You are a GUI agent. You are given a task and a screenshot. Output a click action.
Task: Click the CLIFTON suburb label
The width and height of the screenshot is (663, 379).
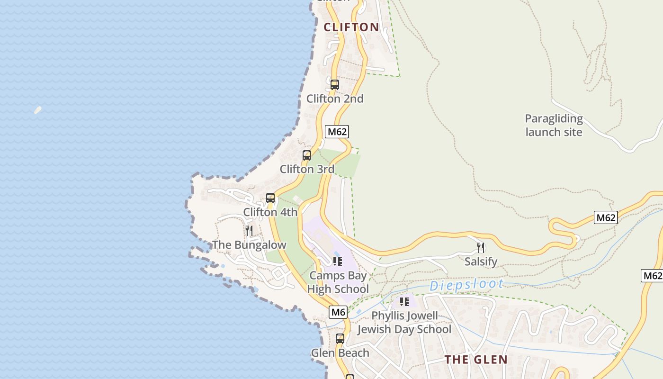pos(351,27)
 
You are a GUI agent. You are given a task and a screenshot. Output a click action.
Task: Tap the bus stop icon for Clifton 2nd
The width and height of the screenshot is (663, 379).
pos(335,85)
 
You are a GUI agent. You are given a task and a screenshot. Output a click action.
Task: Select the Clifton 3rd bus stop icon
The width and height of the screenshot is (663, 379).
pos(307,155)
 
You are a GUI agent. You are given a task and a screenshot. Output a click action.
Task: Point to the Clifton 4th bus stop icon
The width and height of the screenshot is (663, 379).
pos(270,198)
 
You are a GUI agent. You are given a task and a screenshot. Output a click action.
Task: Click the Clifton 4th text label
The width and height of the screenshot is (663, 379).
pos(270,212)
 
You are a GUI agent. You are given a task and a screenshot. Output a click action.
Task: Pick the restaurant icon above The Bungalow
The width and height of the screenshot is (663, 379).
pos(249,231)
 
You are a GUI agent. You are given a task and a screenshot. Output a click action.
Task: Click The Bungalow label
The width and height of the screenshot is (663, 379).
pos(249,245)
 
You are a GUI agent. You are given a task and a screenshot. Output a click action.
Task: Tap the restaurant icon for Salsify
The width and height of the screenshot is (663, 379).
pos(481,247)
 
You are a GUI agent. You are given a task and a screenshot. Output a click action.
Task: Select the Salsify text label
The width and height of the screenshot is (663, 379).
pos(481,262)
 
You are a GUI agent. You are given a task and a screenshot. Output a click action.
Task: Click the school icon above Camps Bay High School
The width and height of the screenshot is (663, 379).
pos(337,261)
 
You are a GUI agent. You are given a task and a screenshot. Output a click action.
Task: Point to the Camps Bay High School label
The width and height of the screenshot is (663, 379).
pos(338,282)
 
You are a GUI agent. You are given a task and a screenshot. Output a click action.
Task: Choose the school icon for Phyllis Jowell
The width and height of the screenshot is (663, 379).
pos(404,301)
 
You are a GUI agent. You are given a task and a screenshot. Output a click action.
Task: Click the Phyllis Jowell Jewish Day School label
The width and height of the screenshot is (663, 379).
pos(404,322)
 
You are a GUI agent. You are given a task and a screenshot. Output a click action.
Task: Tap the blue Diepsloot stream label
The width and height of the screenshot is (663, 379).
pos(466,285)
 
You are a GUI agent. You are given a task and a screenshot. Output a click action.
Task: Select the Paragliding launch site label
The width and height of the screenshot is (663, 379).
pos(554,125)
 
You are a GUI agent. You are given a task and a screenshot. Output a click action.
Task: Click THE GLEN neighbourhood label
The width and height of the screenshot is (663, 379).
pos(476,360)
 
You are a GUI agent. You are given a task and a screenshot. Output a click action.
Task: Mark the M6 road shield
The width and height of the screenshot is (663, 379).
pos(338,312)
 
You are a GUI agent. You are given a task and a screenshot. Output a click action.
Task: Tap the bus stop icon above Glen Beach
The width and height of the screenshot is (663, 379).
pos(340,339)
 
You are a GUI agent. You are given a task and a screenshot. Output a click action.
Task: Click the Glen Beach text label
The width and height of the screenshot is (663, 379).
pos(340,353)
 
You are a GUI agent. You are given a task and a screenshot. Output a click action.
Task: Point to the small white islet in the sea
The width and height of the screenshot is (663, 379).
pos(38,110)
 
